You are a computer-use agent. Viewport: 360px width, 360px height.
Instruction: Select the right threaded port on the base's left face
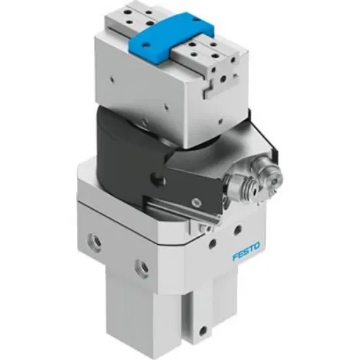click(x=142, y=268)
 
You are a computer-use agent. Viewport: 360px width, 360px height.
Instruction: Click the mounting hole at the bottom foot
click(x=205, y=329)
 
